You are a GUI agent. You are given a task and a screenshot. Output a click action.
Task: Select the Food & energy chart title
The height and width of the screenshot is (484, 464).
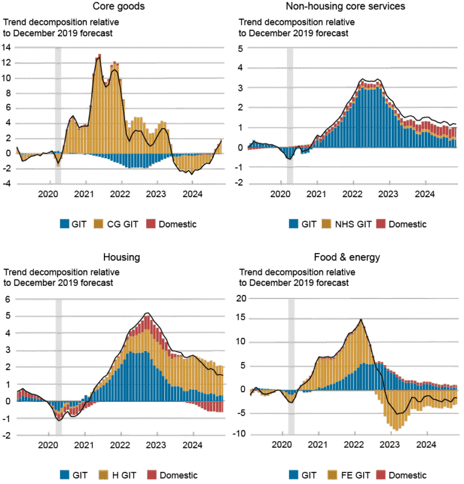346,257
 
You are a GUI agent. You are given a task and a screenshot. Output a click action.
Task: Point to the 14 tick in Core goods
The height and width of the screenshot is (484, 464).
7,47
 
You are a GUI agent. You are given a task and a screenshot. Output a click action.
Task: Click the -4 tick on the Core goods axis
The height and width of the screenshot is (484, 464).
7,184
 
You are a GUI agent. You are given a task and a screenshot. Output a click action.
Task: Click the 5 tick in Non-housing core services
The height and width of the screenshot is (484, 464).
240,48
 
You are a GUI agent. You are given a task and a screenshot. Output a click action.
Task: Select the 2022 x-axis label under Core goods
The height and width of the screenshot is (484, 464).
120,195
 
